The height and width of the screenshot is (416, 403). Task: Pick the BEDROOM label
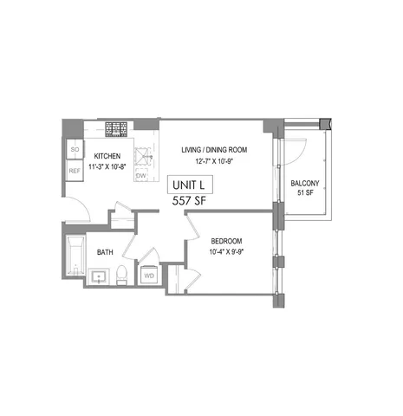tap(225, 240)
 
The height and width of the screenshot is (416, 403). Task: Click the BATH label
tap(104, 253)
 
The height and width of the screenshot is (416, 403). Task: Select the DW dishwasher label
tap(140, 176)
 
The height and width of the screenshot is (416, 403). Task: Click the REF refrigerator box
tap(75, 172)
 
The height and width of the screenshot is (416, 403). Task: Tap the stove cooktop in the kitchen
tap(115, 130)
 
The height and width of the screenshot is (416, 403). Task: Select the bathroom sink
tap(98, 278)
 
